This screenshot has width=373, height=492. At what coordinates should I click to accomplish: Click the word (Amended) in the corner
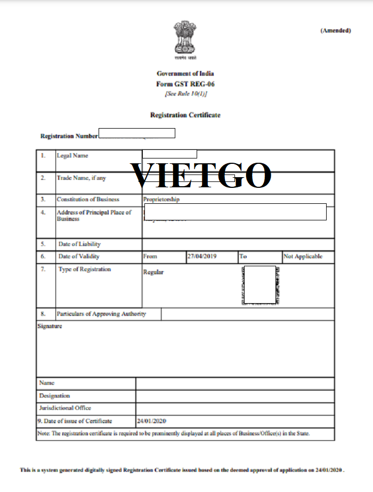tap(336, 30)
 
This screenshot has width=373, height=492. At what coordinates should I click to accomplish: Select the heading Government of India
tap(185, 73)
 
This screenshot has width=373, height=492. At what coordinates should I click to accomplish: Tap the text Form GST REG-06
tap(185, 84)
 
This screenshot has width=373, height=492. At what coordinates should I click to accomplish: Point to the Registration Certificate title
tap(185, 115)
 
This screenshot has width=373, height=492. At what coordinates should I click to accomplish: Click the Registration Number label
tap(69, 136)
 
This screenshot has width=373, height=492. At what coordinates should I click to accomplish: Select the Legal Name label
tap(72, 156)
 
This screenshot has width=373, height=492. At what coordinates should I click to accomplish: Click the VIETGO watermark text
tap(201, 175)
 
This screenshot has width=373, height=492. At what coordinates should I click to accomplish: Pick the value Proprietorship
tap(161, 200)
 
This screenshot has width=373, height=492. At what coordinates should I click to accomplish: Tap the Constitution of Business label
tap(88, 200)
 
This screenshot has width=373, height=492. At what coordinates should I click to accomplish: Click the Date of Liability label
tap(79, 244)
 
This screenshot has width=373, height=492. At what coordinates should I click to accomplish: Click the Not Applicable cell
tap(303, 257)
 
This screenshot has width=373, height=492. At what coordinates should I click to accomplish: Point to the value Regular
tap(153, 272)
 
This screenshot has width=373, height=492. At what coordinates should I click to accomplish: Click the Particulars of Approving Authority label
tap(101, 314)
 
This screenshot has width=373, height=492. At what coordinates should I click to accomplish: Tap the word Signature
tap(50, 326)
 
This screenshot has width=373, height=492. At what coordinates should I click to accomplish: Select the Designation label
tap(54, 396)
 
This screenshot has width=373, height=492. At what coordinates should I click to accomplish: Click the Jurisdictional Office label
tap(65, 408)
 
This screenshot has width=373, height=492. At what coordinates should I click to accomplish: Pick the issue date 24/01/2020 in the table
tap(152, 421)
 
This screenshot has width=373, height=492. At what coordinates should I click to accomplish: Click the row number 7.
tap(43, 269)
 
